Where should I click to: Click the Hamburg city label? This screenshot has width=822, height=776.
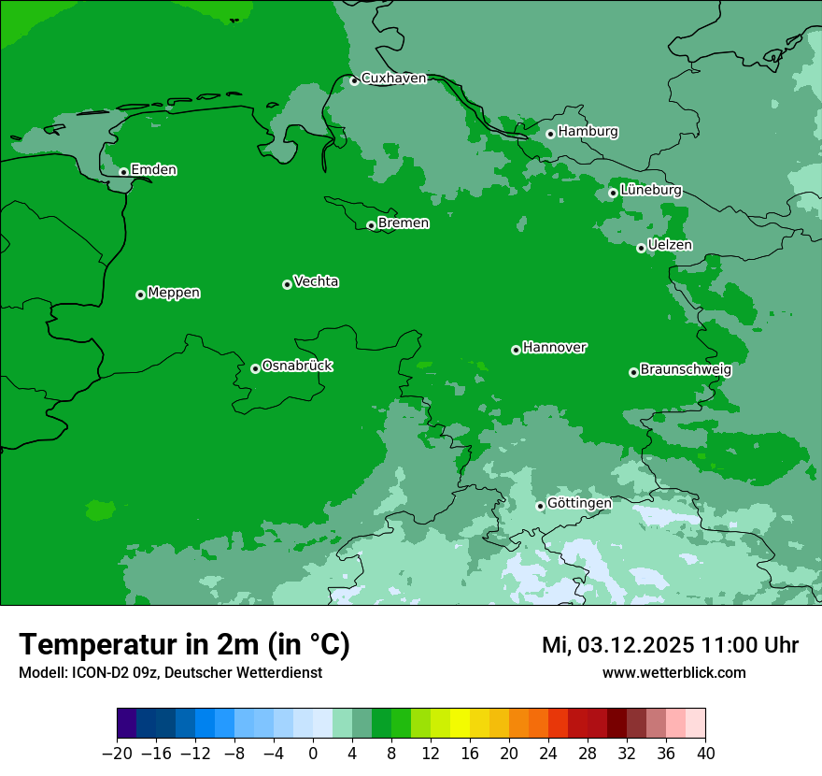(x=588, y=132)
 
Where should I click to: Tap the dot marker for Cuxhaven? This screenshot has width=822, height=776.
(x=354, y=80)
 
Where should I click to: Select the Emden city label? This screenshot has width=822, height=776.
(x=153, y=170)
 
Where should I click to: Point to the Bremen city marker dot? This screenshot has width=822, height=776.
(x=371, y=225)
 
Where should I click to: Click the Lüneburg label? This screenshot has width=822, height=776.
(x=650, y=190)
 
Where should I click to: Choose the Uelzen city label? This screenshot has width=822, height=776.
(x=670, y=245)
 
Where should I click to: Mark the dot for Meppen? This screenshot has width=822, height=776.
(x=140, y=295)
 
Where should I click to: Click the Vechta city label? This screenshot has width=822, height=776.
(x=316, y=281)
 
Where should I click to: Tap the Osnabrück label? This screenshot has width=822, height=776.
(x=297, y=366)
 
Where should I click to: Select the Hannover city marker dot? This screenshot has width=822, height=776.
(x=516, y=350)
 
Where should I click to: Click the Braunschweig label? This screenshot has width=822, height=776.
(x=686, y=369)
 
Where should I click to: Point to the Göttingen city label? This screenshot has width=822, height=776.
(x=579, y=503)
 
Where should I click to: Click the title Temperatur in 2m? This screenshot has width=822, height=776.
(x=184, y=645)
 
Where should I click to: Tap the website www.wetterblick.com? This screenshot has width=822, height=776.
(x=673, y=672)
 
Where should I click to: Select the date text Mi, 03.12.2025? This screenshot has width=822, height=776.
(x=616, y=645)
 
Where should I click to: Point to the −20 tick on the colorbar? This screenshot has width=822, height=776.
(x=118, y=754)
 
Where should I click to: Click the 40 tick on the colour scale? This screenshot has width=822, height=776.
(x=705, y=754)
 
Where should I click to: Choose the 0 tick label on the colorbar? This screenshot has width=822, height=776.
(x=313, y=754)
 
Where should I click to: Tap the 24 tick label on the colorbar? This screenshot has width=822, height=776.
(x=548, y=754)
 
